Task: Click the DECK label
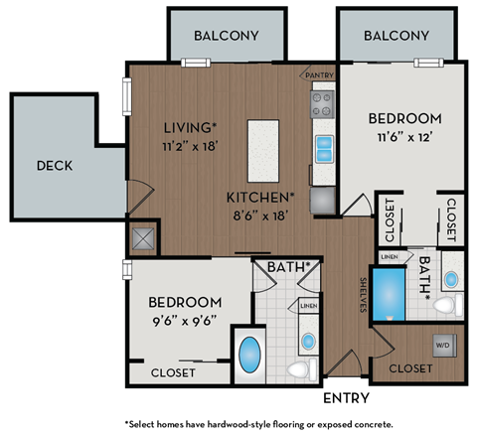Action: [x=55, y=165]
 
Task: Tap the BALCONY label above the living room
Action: [x=226, y=36]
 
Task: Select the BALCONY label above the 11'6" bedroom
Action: [x=397, y=36]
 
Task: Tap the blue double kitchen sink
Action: [x=325, y=149]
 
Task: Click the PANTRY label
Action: [x=318, y=74]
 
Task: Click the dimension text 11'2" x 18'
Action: [x=189, y=145]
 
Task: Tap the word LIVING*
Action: [x=190, y=127]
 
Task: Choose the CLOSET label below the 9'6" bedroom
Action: [x=174, y=373]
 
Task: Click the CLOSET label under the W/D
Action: [x=410, y=368]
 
